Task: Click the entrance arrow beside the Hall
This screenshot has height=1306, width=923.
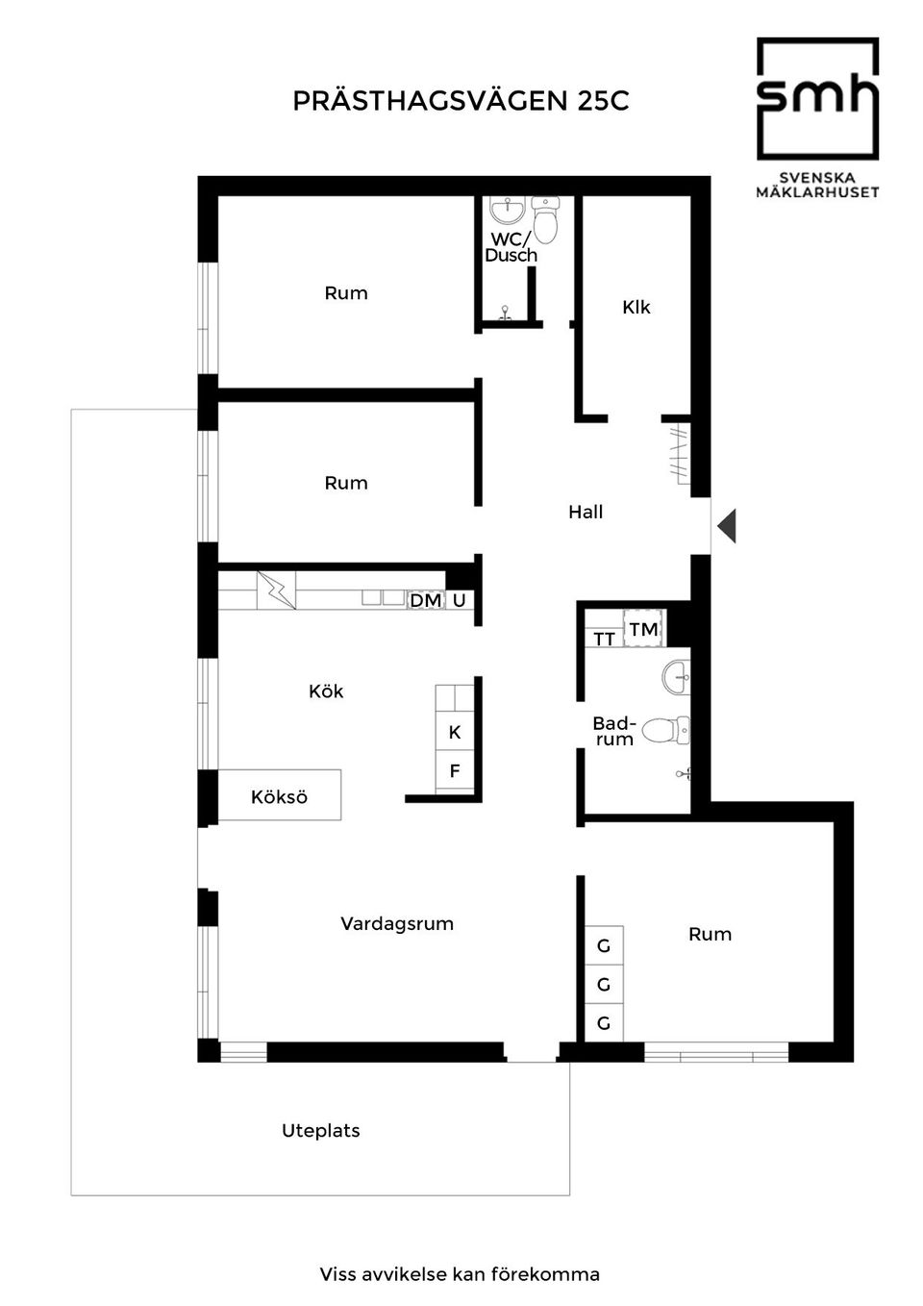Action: click(x=727, y=526)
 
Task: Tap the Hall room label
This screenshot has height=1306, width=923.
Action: click(x=586, y=513)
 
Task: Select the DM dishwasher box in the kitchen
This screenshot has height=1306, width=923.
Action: click(x=426, y=600)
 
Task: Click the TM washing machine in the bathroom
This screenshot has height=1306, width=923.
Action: click(x=643, y=629)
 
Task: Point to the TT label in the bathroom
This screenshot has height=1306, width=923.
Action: click(x=604, y=640)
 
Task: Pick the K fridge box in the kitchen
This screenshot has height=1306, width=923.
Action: click(x=455, y=732)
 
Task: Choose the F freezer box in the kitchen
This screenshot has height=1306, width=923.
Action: click(x=455, y=770)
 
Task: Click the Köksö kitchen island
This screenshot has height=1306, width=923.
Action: click(x=279, y=795)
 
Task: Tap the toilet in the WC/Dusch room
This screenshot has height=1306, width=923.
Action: click(x=546, y=220)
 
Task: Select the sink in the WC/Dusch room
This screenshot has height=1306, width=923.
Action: click(x=507, y=210)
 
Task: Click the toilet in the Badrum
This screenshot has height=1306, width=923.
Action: click(x=665, y=730)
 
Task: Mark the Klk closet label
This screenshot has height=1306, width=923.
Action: click(x=636, y=307)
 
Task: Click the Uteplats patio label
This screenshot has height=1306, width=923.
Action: click(x=320, y=1131)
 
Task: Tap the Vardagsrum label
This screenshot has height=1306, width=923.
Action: click(x=397, y=923)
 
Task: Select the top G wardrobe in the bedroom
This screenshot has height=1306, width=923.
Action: click(x=604, y=945)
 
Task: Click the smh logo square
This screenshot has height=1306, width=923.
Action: click(x=817, y=99)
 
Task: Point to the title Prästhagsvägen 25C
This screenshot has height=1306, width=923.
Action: click(x=461, y=101)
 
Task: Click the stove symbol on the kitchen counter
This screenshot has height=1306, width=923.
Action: click(x=276, y=590)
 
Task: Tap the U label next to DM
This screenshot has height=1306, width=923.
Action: click(x=460, y=600)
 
